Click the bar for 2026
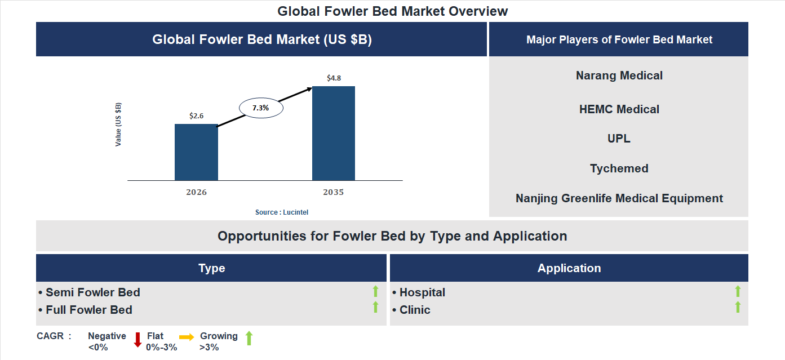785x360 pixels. (x=196, y=152)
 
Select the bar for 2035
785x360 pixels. (x=334, y=133)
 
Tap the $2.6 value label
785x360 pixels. (x=196, y=115)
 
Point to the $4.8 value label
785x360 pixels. (x=334, y=78)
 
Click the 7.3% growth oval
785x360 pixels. (x=261, y=108)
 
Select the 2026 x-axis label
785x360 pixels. (x=196, y=192)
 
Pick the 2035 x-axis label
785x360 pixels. (x=334, y=192)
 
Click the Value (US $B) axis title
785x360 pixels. (x=118, y=125)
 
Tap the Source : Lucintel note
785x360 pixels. (x=282, y=212)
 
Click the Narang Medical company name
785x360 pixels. (x=619, y=75)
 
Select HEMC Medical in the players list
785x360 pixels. (x=619, y=109)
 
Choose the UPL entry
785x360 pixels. (x=619, y=139)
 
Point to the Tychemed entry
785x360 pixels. (x=619, y=168)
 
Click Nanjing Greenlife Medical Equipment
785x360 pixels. (x=619, y=198)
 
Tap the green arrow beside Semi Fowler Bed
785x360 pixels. (x=375, y=291)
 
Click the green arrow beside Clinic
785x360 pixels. (x=738, y=308)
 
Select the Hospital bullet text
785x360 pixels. (x=422, y=292)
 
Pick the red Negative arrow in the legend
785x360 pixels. (x=137, y=340)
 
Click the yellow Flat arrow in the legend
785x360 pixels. (x=187, y=336)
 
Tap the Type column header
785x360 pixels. (x=211, y=268)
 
